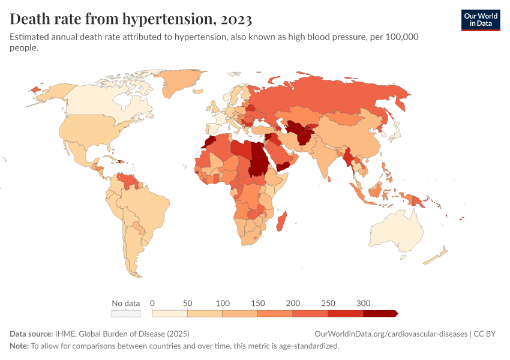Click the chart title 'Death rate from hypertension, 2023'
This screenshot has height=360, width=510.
click(131, 19)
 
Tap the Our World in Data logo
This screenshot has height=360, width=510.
click(480, 20)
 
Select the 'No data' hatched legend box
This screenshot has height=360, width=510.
click(125, 313)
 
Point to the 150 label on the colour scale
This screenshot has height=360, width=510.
click(257, 303)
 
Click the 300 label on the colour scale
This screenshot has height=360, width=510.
click(363, 303)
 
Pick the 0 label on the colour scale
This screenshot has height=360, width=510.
click(152, 303)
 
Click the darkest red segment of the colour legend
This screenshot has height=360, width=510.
click(380, 313)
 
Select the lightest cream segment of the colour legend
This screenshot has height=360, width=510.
click(170, 313)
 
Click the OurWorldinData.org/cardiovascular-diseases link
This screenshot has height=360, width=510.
click(391, 334)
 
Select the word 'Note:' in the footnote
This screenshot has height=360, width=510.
click(19, 346)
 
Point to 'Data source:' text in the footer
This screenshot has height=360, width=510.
click(31, 334)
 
